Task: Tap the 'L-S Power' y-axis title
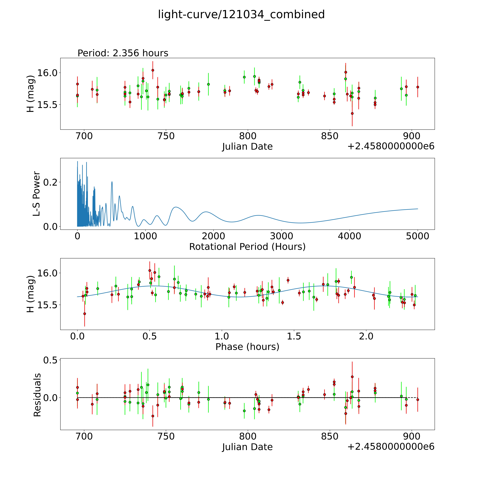36,194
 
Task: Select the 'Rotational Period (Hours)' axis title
247,247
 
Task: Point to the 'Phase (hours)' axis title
247,347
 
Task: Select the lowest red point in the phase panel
85,314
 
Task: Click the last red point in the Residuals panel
418,400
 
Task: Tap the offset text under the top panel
391,147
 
